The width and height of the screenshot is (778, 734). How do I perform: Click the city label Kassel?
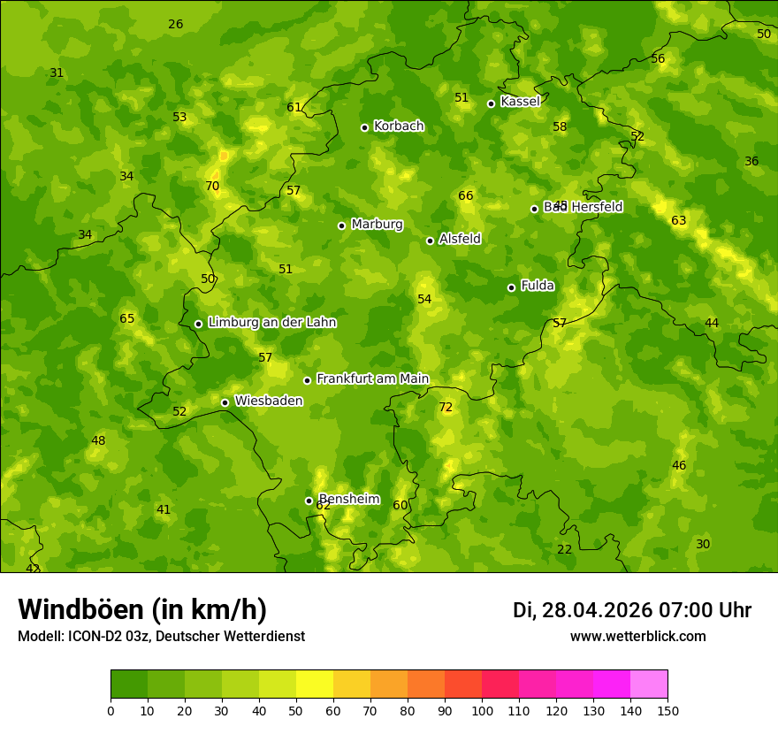(520, 102)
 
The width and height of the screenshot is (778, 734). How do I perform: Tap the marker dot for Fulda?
(511, 287)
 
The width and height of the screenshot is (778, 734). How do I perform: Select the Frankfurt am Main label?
(372, 378)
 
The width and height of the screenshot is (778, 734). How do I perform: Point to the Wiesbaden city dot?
(225, 402)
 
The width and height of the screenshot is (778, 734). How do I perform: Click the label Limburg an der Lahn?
(271, 322)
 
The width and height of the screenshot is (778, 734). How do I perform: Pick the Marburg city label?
(377, 224)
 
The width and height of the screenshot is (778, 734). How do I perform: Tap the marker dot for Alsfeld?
(430, 241)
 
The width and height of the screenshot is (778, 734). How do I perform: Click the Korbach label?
(399, 126)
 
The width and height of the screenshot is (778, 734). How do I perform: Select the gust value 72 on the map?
(446, 408)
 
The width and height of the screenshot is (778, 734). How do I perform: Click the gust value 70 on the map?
(212, 187)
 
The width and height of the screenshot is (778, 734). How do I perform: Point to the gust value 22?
(564, 549)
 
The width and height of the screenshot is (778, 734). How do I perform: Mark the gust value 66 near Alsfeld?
(466, 195)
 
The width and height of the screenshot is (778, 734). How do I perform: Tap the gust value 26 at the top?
(176, 24)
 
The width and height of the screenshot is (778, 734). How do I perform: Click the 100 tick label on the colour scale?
(482, 710)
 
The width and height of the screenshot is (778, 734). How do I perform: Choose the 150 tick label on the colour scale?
(667, 710)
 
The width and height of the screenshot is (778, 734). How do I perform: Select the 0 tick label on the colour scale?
(111, 710)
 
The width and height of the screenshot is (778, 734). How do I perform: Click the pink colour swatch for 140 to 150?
(649, 684)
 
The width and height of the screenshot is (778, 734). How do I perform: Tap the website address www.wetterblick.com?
(637, 636)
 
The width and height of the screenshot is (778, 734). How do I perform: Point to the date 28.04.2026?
(598, 610)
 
